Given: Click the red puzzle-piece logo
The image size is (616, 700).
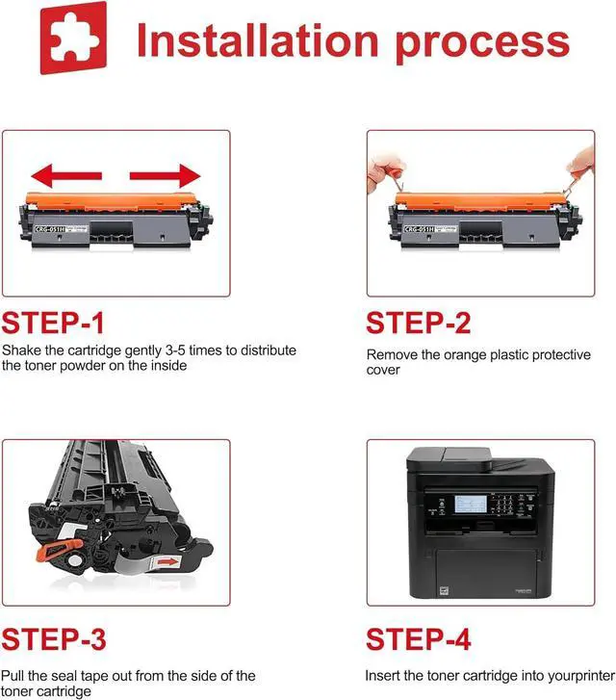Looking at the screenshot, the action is pos(73,38).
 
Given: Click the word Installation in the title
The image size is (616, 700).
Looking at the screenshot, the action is pos(258,40).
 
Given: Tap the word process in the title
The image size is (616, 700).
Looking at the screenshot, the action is pos(482,45).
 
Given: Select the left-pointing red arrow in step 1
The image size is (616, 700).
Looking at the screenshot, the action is pos(66,175).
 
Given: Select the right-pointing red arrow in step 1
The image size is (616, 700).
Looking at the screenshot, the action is pos(166,175).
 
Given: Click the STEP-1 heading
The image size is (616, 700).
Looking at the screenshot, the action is pos(53,323).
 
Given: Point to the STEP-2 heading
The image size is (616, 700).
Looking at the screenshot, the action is pos(419,323).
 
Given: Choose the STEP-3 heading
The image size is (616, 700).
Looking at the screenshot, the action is pos(54,638).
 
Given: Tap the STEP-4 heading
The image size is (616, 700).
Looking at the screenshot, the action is pos(419,638).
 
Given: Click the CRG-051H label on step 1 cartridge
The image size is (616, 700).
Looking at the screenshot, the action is pos(50,229).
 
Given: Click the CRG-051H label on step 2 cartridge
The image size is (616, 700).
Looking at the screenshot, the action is pos(420,229).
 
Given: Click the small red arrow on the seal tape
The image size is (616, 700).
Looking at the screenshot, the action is pos(168,561).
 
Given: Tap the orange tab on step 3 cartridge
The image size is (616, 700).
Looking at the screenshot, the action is pos(59,550).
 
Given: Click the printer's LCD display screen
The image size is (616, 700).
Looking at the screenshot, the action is pos(471,504).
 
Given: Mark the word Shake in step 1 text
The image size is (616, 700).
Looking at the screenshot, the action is pos(21,350).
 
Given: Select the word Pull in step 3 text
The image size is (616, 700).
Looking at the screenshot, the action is pos(13,675).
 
